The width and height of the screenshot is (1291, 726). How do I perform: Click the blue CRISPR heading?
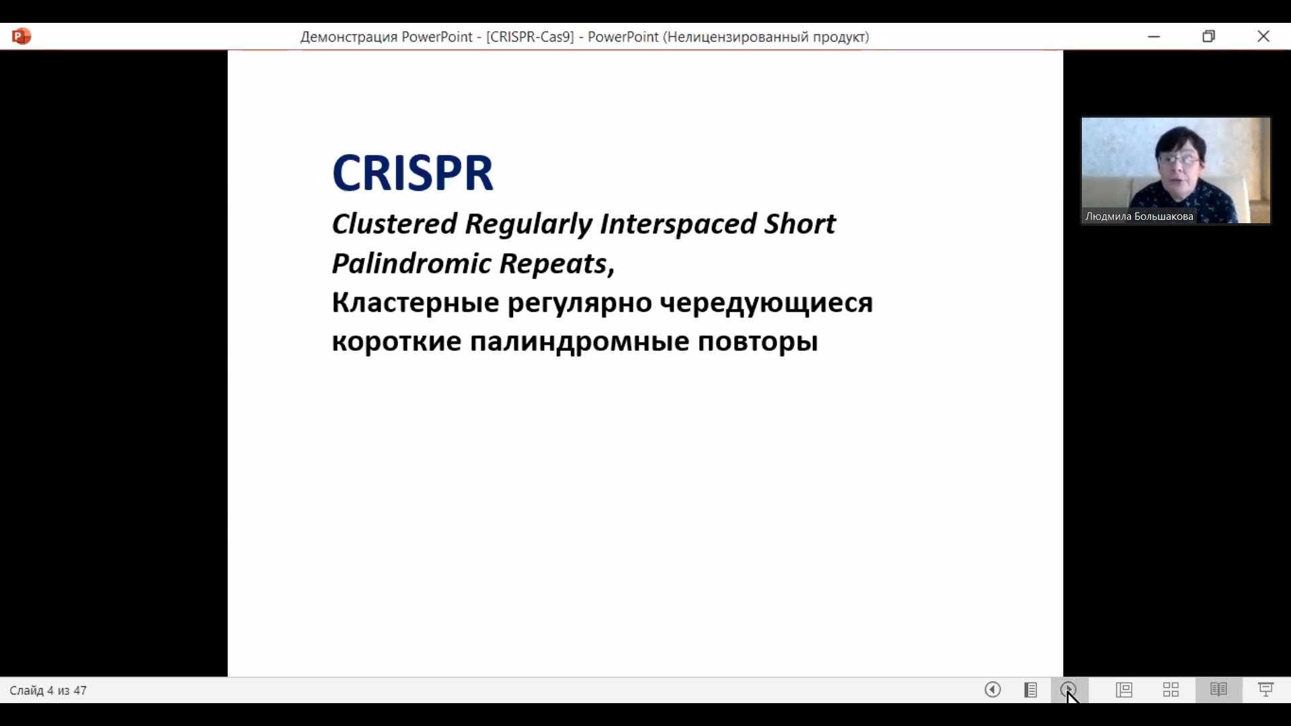[x=413, y=173]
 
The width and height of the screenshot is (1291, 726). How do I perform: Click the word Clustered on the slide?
[x=395, y=224]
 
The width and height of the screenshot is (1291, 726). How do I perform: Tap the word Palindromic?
[x=412, y=263]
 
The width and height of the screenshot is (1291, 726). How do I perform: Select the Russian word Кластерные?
[x=416, y=303]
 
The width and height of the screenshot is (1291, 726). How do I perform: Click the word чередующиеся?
[x=766, y=304]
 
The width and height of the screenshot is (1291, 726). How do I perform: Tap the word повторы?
[x=758, y=343]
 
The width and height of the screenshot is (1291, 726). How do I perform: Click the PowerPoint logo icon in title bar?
[x=22, y=36]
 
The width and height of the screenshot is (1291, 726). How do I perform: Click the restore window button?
[x=1209, y=36]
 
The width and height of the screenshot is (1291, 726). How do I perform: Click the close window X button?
[x=1263, y=36]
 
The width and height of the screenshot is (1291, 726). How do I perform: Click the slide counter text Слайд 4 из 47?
[x=48, y=690]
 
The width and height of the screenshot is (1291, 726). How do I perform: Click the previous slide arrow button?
[x=992, y=690]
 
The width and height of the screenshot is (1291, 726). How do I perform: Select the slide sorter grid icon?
[x=1171, y=690]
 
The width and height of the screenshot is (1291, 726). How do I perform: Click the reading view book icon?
[x=1218, y=690]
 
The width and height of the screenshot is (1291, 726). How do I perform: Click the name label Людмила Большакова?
[x=1139, y=216]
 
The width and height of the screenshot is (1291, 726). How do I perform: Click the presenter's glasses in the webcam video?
[x=1178, y=159]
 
